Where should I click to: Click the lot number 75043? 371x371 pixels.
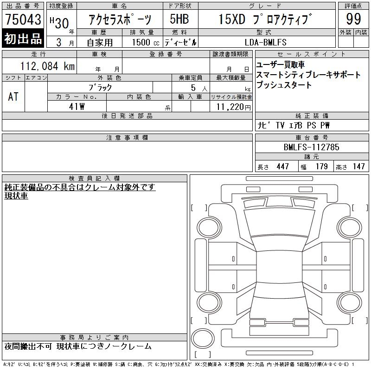(x=23, y=19)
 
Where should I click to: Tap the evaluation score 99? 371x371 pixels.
(x=353, y=19)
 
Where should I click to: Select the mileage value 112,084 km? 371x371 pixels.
(x=47, y=66)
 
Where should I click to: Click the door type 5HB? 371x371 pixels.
(x=179, y=19)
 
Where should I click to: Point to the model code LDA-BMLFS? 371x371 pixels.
(x=265, y=42)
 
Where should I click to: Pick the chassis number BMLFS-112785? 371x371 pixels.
(x=311, y=147)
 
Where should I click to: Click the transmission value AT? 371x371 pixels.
(x=13, y=96)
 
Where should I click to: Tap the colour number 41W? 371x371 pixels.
(x=77, y=107)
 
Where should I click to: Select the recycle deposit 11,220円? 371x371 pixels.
(x=234, y=107)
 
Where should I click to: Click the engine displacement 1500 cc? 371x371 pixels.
(x=146, y=42)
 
